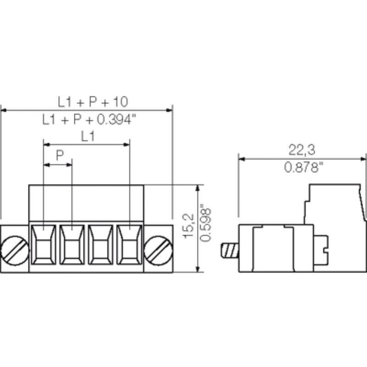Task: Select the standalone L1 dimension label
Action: pos(88,136)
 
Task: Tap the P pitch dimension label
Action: pos(60,156)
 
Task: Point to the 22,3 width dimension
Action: pos(301,150)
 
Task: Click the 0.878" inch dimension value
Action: pos(301,168)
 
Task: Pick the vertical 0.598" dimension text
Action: pos(207,226)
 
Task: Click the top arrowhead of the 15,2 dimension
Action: pos(198,188)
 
